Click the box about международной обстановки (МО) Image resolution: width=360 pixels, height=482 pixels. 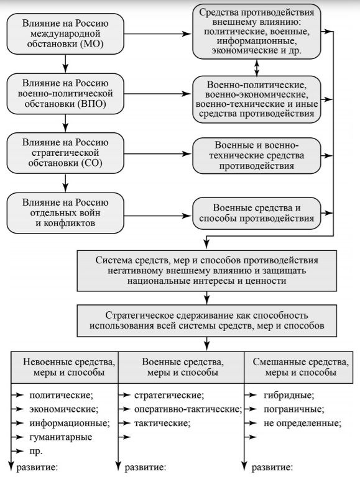pos(65,34)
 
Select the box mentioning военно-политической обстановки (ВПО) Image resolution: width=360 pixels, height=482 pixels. pos(65,94)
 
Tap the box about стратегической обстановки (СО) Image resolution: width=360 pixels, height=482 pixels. pos(65,153)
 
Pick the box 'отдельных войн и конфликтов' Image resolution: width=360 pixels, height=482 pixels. pos(65,212)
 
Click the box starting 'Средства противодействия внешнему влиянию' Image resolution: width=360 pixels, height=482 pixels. pos(257,31)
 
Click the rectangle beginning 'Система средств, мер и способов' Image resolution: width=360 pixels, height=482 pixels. pos(207,271)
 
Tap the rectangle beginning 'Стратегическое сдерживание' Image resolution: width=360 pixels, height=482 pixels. pos(207,321)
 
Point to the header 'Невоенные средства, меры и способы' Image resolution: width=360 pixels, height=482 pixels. pos(65,367)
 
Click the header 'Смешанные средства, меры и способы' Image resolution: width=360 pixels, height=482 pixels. pos(298,367)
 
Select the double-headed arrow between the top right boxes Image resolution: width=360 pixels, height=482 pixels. pos(257,68)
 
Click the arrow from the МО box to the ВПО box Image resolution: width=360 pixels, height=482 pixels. pos(65,64)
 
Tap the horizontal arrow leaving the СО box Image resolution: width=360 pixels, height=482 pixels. pos(157,153)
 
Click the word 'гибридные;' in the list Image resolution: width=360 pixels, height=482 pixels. pos(289,395)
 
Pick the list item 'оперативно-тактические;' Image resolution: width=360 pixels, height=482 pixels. pos(188,409)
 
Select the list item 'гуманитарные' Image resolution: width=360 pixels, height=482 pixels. pos(60,437)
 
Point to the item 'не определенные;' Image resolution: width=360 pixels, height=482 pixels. pos(302,423)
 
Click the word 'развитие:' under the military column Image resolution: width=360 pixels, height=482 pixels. pos(145,468)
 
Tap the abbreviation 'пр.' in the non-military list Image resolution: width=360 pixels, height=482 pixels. pos(35,452)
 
